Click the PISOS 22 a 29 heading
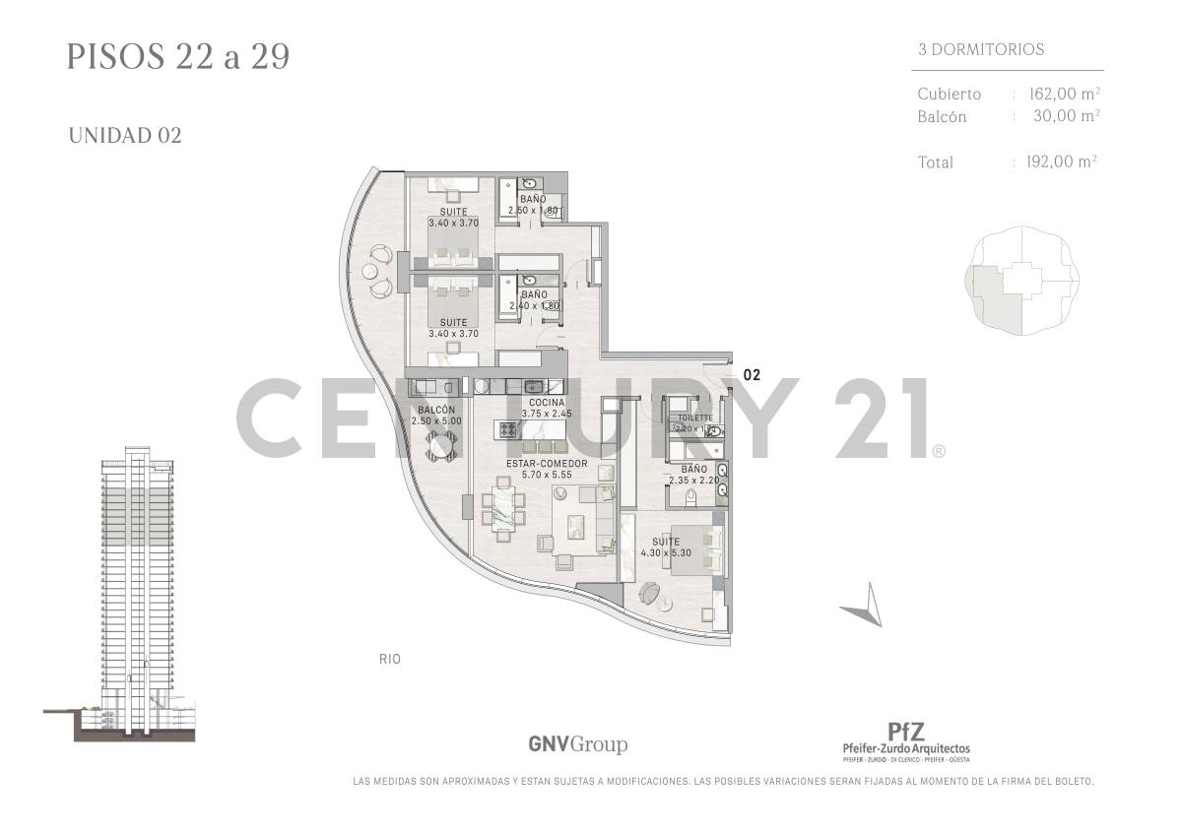(x=178, y=56)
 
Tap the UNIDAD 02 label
(x=125, y=136)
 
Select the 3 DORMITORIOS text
(x=981, y=49)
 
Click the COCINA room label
(x=547, y=403)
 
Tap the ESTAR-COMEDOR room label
(x=547, y=463)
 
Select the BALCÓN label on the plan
(x=436, y=410)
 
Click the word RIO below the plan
(x=389, y=659)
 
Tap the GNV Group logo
(x=577, y=744)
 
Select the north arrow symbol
(x=864, y=605)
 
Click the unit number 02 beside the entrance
(x=752, y=374)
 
